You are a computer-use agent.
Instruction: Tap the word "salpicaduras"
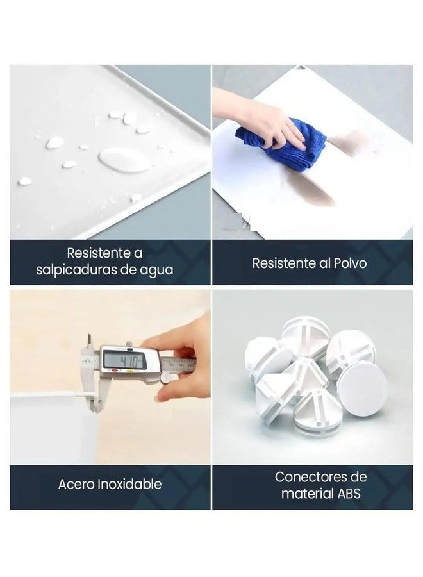76,270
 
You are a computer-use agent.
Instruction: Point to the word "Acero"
76,484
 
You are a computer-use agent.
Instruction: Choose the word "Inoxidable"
130,484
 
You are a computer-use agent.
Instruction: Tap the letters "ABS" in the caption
349,494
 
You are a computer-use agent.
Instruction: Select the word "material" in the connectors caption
308,494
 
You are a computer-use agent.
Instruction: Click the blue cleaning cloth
280,144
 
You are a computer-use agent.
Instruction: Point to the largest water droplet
124,160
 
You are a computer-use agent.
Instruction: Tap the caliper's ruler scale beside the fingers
178,364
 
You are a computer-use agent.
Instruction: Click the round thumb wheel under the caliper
165,379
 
